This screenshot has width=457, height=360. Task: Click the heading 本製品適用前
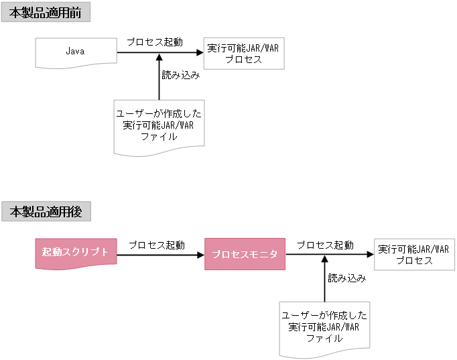click(45, 12)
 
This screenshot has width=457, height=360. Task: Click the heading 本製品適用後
click(45, 212)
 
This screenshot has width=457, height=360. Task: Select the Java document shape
click(75, 52)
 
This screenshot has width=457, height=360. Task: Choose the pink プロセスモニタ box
click(245, 254)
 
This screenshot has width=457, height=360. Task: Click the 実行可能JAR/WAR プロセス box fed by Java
click(243, 54)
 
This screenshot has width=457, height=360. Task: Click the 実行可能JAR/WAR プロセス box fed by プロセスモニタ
click(413, 255)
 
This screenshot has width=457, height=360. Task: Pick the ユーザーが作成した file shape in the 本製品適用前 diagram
click(158, 125)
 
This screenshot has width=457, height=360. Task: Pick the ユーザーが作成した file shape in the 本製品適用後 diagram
click(324, 327)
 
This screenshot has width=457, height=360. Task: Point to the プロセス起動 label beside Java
click(155, 42)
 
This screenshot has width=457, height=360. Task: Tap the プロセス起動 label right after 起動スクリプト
click(157, 245)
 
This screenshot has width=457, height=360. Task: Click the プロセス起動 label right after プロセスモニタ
click(325, 245)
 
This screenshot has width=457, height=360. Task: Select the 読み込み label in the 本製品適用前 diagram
click(180, 75)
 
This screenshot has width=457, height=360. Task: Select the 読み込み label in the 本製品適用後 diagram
click(346, 278)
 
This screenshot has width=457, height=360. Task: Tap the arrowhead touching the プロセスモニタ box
click(200, 255)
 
